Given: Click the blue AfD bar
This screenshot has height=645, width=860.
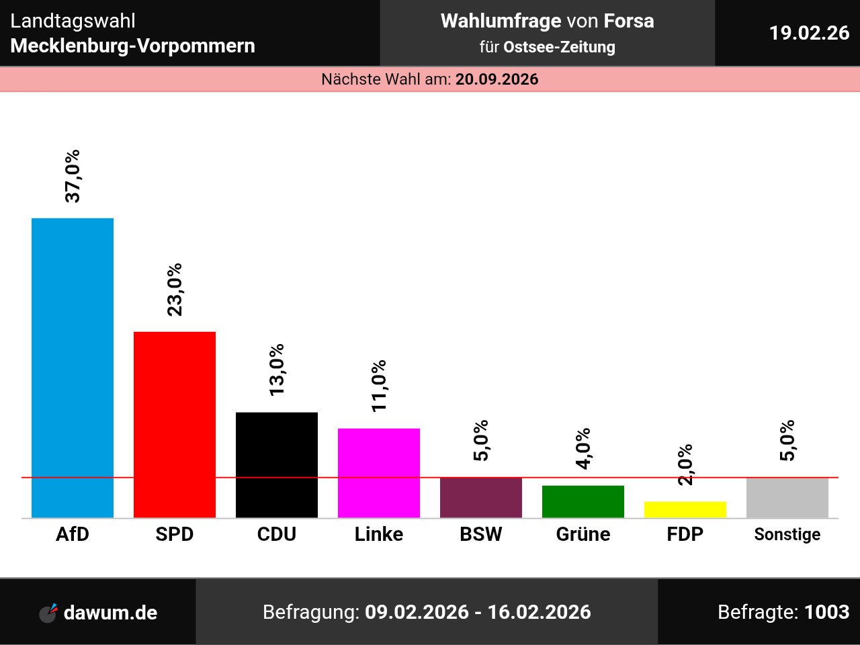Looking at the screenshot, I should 73,368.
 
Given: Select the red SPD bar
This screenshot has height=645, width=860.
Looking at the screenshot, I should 175,425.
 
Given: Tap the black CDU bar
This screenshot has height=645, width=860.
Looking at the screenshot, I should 277,465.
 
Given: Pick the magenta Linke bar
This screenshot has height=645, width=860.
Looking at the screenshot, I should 379,473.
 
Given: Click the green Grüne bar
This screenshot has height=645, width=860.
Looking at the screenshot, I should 583,501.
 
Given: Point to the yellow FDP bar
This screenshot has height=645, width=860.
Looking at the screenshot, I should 685,509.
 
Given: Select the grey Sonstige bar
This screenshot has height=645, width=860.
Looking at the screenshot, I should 787,497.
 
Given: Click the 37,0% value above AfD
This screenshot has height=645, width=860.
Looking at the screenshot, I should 73,176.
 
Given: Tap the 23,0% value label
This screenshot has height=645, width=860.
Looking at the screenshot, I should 175,290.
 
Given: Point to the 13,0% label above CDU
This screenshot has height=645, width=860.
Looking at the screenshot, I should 277,370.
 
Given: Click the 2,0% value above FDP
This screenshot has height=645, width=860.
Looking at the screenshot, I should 685,464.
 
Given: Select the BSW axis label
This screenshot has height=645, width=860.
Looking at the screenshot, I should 481,534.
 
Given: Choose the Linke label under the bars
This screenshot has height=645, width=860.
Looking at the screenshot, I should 379,534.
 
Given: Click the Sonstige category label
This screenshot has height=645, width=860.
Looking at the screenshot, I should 787,534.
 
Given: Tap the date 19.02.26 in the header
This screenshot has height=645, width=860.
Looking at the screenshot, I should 809,33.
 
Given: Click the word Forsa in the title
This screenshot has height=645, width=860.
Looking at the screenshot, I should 629,21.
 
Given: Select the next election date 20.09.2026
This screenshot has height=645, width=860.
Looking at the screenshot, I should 497,79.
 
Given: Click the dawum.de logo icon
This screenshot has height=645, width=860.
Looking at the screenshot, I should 48,613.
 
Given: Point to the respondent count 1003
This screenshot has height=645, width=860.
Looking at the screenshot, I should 827,612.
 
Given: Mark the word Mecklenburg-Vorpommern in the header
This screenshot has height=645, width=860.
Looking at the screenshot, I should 133,46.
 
